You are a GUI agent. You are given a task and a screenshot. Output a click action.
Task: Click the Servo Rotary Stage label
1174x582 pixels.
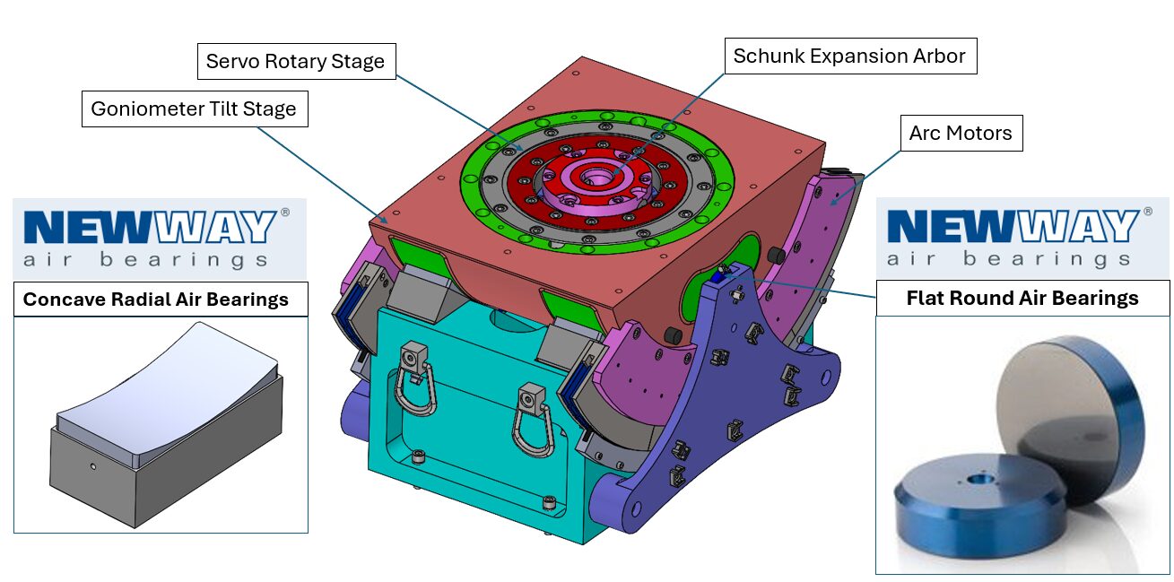coord(295,61)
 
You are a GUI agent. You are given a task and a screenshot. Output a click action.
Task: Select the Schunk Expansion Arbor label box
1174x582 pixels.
coord(849,56)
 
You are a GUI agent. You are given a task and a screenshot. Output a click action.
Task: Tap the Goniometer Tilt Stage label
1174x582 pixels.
coord(194,109)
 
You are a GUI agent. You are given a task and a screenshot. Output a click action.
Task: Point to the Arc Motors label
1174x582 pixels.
coord(960,133)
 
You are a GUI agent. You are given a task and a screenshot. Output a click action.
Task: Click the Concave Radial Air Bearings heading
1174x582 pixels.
coord(156,299)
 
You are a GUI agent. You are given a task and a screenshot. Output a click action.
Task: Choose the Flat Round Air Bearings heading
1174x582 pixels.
coord(1022,298)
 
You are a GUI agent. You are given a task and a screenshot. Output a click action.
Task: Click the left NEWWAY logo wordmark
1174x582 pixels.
coord(149,228)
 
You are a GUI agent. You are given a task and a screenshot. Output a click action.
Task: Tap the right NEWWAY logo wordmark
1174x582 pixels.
coord(1012,227)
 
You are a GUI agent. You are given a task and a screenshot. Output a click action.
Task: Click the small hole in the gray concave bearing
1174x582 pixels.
coord(93,466)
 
